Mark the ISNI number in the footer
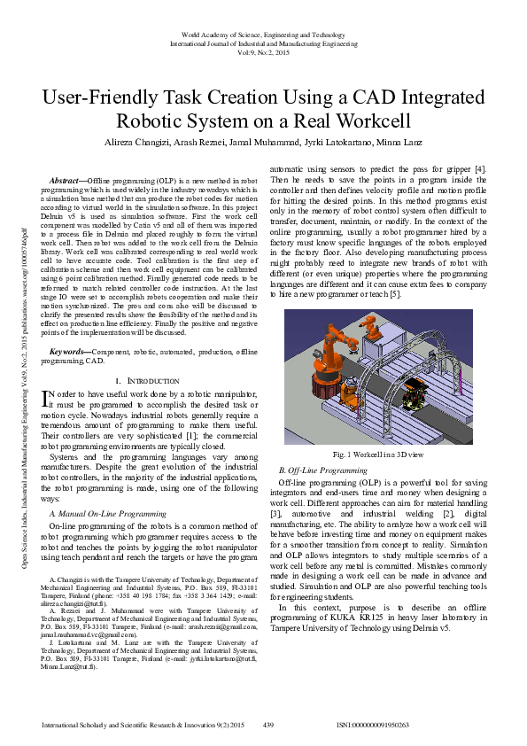pos(373,725)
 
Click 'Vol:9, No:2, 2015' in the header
pos(264,53)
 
